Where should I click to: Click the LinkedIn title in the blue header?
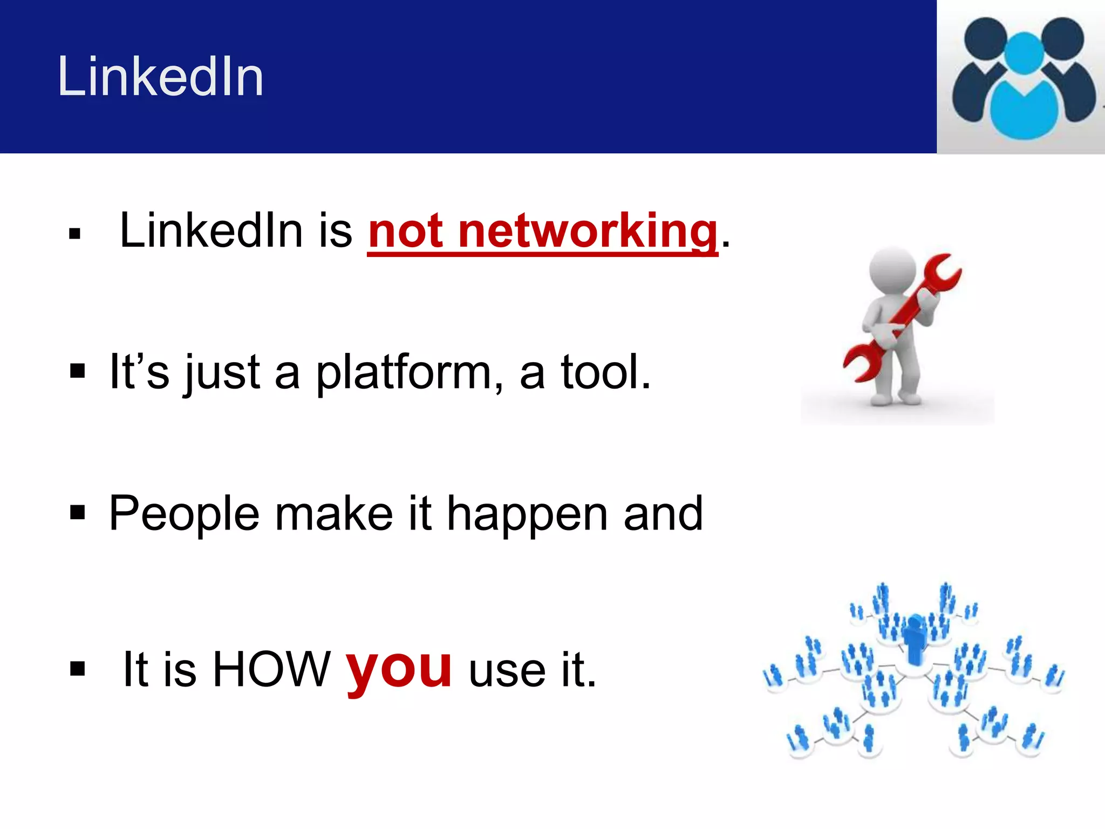point(160,77)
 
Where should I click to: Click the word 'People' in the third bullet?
point(183,514)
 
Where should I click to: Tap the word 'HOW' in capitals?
point(271,670)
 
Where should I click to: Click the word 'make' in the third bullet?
point(334,514)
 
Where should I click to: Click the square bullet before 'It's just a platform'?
point(78,371)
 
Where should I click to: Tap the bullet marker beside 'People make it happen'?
point(78,512)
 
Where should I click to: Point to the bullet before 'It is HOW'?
point(78,669)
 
